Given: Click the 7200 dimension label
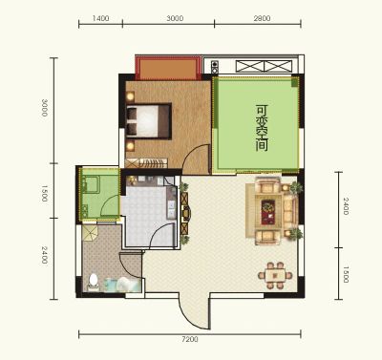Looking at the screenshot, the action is click(x=190, y=339).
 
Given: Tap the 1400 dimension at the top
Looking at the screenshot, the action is click(x=100, y=18).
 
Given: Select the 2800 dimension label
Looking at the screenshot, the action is click(x=262, y=18).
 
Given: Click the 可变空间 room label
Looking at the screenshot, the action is click(x=262, y=128).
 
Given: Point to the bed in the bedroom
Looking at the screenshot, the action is click(x=149, y=121).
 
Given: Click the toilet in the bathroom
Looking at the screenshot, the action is click(x=94, y=282).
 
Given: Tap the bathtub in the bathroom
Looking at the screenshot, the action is click(x=122, y=285).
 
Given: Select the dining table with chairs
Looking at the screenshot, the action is click(x=275, y=275).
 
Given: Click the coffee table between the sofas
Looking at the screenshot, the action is click(x=268, y=212).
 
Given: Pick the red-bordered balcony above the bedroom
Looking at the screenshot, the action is click(x=168, y=68).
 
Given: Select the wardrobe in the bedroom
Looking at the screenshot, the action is click(x=146, y=163).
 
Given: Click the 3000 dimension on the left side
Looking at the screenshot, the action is click(x=44, y=108).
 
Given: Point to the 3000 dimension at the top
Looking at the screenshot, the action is click(x=175, y=18).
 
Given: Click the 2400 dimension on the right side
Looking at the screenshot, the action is click(x=346, y=206).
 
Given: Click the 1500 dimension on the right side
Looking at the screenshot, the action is click(x=346, y=275).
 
